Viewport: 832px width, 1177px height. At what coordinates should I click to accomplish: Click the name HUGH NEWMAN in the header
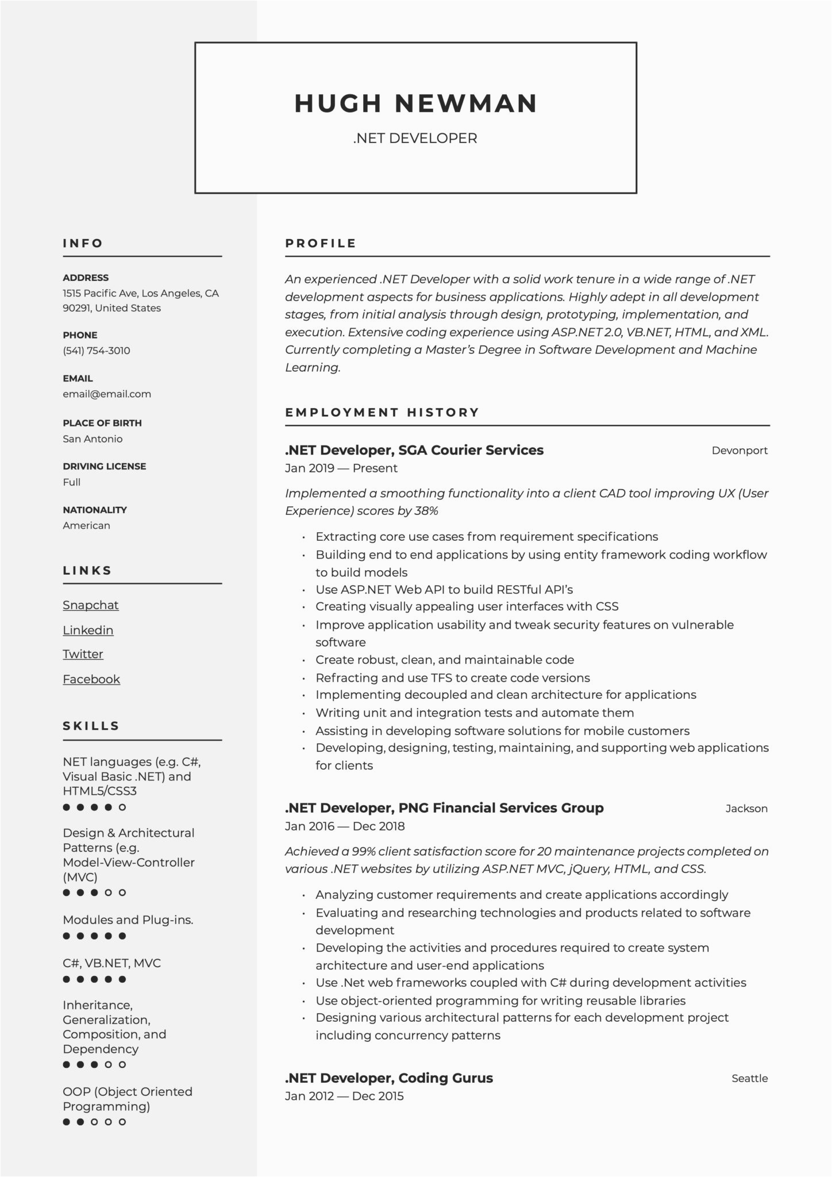pyautogui.click(x=415, y=103)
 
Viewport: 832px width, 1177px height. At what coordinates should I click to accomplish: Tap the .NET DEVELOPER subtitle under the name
pyautogui.click(x=415, y=139)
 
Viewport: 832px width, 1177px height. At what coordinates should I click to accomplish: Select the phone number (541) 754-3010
pyautogui.click(x=97, y=351)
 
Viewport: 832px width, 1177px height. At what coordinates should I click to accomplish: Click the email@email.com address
pyautogui.click(x=107, y=394)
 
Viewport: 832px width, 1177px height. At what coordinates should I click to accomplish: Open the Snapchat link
pyautogui.click(x=91, y=605)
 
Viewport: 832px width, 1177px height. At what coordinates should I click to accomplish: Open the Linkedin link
pyautogui.click(x=88, y=630)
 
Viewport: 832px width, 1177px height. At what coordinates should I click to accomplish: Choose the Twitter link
pyautogui.click(x=83, y=654)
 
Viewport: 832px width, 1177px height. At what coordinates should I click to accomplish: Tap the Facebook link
pyautogui.click(x=91, y=679)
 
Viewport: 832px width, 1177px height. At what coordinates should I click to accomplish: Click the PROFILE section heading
pyautogui.click(x=321, y=244)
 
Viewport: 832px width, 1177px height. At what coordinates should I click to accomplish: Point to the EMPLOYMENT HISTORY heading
pyautogui.click(x=382, y=413)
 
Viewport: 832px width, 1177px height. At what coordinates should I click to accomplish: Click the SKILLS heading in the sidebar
pyautogui.click(x=91, y=726)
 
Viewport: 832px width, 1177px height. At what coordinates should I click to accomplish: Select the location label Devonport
pyautogui.click(x=739, y=451)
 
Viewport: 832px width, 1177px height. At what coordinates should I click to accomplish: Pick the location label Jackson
pyautogui.click(x=746, y=809)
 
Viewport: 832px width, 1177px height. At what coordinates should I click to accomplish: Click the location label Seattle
pyautogui.click(x=749, y=1079)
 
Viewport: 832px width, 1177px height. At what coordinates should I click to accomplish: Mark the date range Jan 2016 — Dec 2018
pyautogui.click(x=345, y=826)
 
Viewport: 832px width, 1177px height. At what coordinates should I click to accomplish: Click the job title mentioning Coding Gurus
pyautogui.click(x=389, y=1078)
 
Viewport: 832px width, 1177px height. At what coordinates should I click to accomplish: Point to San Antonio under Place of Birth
pyautogui.click(x=93, y=439)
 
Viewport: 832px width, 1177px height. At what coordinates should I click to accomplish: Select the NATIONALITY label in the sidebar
pyautogui.click(x=95, y=510)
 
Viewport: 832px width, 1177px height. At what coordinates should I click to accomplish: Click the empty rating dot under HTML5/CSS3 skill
pyautogui.click(x=122, y=807)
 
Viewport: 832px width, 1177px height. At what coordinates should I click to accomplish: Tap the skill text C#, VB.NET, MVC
pyautogui.click(x=112, y=963)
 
